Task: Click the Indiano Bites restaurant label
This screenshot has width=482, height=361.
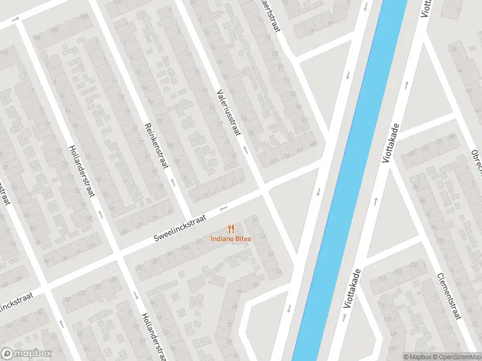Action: (231, 239)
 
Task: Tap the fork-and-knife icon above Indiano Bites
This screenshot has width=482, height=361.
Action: (231, 229)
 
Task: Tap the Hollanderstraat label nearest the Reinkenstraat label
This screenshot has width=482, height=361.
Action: (84, 174)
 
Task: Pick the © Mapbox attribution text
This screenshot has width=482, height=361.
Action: (418, 356)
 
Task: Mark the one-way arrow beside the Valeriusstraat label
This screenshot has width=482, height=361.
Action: (245, 148)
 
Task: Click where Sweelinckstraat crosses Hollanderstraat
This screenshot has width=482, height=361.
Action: (119, 258)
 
